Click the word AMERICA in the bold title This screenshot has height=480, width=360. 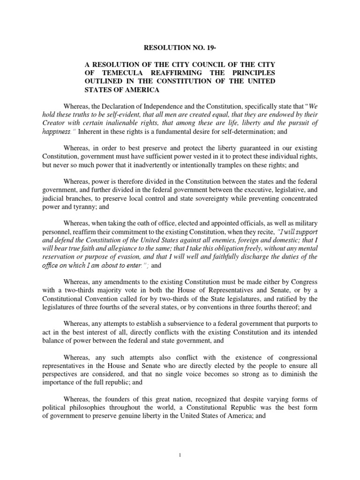coord(140,90)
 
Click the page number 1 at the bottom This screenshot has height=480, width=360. coord(180,467)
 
